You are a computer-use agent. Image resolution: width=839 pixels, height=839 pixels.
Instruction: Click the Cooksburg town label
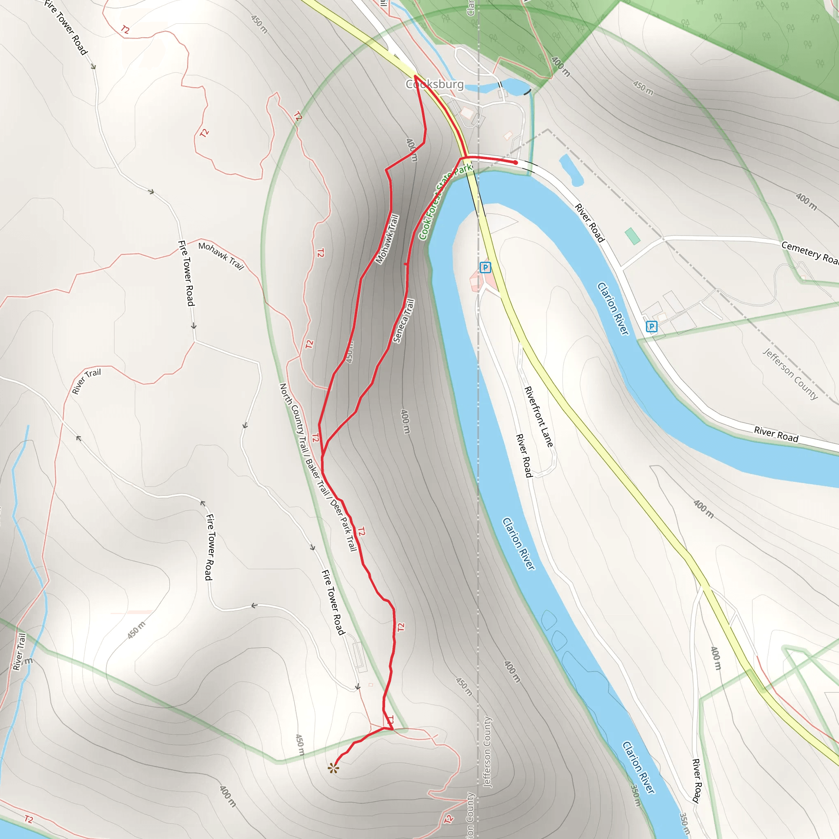point(435,84)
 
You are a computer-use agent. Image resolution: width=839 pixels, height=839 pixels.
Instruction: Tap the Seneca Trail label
point(404,321)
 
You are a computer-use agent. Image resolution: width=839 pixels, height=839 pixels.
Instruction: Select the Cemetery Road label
point(810,252)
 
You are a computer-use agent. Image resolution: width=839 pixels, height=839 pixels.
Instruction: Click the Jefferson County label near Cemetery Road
point(790,374)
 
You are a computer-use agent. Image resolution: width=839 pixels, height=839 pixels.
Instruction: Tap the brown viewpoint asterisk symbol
point(333,769)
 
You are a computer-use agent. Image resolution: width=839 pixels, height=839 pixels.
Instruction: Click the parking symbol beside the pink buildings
point(485,268)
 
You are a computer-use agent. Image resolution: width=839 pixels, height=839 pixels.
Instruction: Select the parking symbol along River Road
point(651,327)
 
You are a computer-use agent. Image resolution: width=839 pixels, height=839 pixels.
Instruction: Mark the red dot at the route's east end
point(515,162)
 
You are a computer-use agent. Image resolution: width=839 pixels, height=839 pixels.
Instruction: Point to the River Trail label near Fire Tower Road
point(86,381)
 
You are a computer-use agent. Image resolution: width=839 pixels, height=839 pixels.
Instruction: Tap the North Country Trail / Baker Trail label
point(304,439)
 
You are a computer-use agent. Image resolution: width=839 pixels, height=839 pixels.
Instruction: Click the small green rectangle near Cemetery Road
point(632,236)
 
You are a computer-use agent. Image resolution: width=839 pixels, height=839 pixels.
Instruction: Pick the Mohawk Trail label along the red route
point(387,239)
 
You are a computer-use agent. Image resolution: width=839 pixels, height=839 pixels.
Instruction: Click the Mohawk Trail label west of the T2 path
point(221,256)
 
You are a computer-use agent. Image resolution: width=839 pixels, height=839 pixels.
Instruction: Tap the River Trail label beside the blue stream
point(19,651)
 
